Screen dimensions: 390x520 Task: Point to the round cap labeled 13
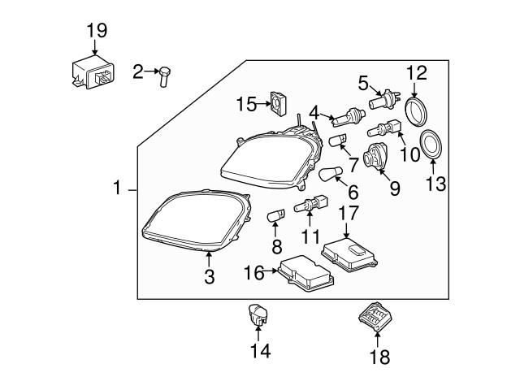point(431,147)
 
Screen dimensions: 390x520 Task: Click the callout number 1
point(117,189)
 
